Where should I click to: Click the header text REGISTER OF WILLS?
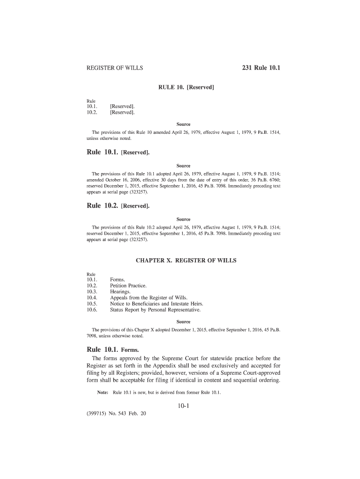tap(115, 68)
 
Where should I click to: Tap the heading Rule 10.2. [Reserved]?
tap(118, 205)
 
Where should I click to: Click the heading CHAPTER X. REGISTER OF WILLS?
tap(186, 260)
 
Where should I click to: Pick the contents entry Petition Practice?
tap(128, 285)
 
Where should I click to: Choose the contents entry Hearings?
tap(120, 291)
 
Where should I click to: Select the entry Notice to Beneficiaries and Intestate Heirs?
tap(157, 304)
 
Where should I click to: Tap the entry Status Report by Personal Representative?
tap(155, 310)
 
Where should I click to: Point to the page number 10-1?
tap(183, 406)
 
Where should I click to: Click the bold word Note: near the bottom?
tap(103, 392)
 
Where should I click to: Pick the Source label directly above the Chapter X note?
tap(183, 322)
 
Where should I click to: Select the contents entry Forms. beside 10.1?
tap(117, 280)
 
